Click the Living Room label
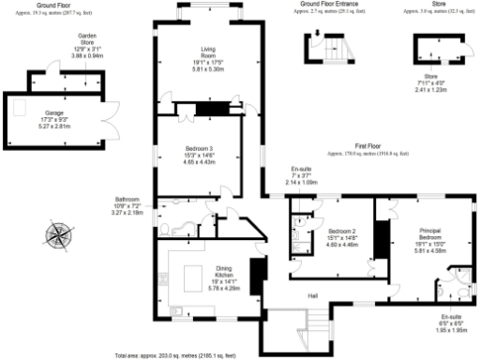[x=208, y=53]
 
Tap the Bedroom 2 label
[x=339, y=231]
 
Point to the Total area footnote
[x=174, y=355]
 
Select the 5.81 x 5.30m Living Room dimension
[x=208, y=69]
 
